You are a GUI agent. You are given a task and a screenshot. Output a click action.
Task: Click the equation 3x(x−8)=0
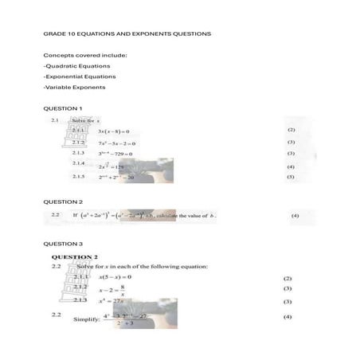[113, 131]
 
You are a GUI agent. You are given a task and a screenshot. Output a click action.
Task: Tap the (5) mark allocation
[291, 177]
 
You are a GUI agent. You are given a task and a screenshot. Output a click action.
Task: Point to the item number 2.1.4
[78, 163]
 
